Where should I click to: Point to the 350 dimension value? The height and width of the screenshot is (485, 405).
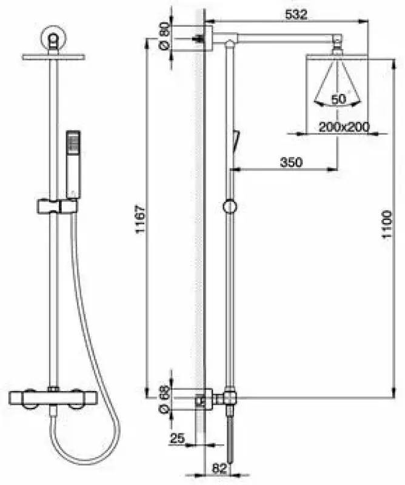291,162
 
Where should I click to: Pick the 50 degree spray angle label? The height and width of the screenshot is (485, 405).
338,99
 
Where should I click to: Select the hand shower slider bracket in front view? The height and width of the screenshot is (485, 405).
57,206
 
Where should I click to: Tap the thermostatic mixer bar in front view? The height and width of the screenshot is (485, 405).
52,398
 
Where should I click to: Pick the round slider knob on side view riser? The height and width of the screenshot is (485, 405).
229,207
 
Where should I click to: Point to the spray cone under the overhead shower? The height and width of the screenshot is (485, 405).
336,82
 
